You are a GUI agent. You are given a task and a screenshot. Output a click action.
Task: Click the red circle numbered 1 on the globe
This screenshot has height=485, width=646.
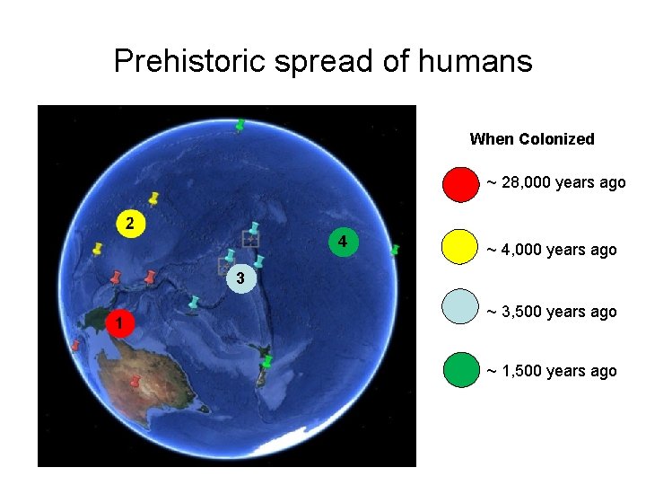point(118,322)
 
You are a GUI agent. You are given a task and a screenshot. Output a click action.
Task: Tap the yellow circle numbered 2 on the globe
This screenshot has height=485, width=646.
point(131,223)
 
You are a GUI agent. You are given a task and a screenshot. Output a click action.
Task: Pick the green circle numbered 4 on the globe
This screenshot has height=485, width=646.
point(343,242)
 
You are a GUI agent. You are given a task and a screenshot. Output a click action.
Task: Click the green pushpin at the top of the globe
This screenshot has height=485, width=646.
point(240,126)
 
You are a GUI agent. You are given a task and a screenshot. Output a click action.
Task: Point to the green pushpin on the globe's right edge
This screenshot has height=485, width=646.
point(395,251)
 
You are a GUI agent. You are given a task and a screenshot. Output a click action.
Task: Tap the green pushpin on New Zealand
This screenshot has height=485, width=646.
point(266,362)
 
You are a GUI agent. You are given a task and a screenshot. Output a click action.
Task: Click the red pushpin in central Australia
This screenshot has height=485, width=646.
point(135,384)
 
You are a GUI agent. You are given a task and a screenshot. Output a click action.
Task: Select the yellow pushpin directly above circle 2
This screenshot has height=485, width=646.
point(153,197)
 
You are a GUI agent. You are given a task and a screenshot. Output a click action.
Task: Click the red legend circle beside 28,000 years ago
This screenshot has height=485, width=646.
point(461,184)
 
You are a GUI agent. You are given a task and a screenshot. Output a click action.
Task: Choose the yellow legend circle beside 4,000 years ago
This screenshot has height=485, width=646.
point(461,247)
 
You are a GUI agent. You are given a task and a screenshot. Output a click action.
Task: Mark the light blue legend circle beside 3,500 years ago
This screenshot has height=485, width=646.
point(461,308)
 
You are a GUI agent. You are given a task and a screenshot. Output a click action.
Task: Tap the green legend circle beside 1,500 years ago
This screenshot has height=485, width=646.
point(461,369)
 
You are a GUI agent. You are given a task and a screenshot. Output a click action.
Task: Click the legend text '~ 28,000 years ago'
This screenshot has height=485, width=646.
point(555,183)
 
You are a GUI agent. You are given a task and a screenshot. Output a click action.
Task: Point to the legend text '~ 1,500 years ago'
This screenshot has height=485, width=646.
point(551,371)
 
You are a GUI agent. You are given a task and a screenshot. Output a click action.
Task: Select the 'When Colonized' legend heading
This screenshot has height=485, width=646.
point(531,139)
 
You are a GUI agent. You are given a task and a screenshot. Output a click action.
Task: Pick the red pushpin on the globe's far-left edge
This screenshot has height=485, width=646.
point(75,345)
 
